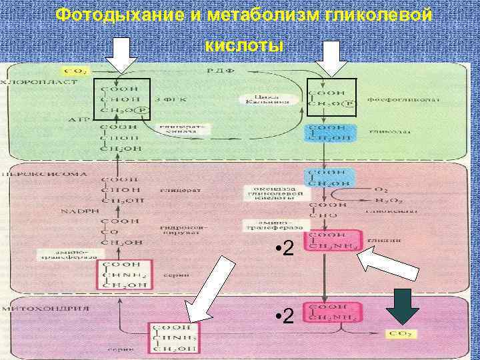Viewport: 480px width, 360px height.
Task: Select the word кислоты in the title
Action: [x=244, y=45]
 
